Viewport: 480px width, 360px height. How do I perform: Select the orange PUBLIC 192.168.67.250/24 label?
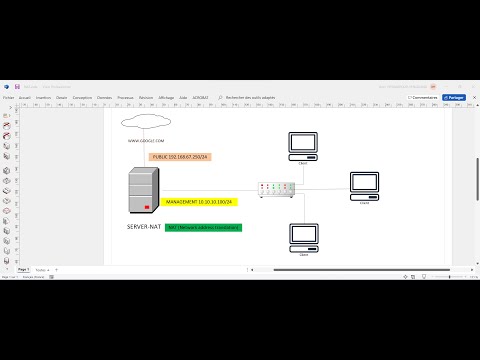(x=180, y=157)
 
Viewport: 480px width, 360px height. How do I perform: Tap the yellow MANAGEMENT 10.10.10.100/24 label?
(x=198, y=201)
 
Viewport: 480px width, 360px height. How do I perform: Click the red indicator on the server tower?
(x=148, y=207)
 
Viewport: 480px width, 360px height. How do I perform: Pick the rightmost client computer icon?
(x=364, y=186)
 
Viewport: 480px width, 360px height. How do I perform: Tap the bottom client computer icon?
(x=303, y=236)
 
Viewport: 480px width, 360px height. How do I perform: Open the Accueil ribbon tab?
(x=25, y=97)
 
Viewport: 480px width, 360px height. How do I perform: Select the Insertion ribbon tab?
(x=43, y=97)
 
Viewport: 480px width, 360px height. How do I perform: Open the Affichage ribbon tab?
(x=165, y=97)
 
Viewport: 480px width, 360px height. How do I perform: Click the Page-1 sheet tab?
(x=23, y=270)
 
